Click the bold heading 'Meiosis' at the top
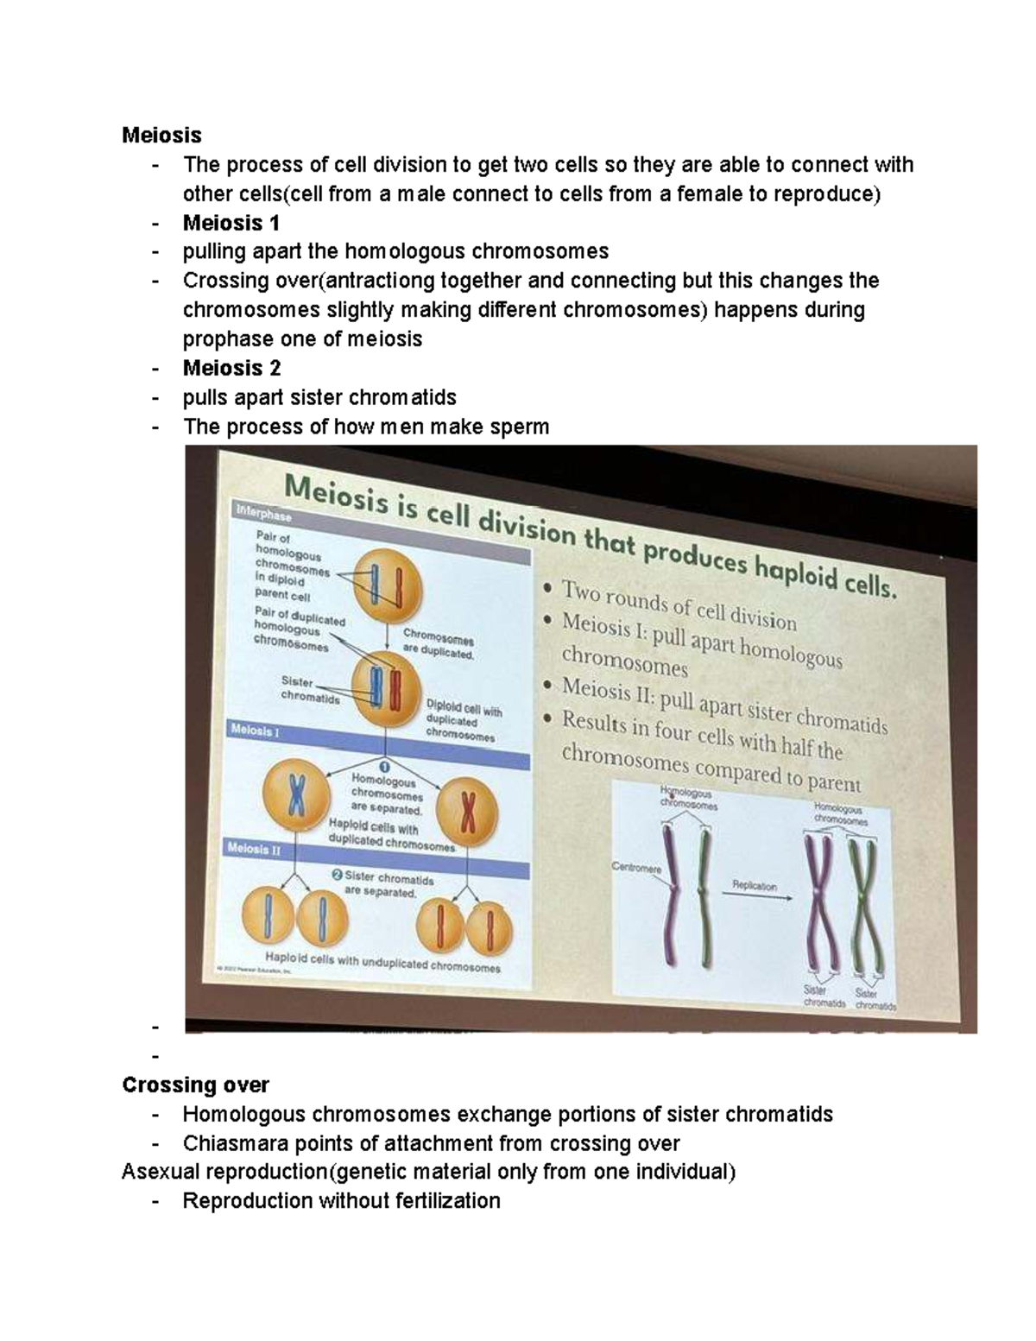click(x=161, y=136)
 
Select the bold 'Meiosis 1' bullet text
click(x=231, y=223)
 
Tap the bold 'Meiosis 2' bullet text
click(x=231, y=368)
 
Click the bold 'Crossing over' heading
click(x=195, y=1085)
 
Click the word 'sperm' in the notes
click(x=520, y=427)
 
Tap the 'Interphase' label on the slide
click(x=263, y=514)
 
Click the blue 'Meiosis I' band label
click(x=255, y=731)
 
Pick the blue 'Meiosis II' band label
click(x=254, y=849)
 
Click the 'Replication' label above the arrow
click(x=754, y=885)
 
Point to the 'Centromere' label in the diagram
click(x=635, y=866)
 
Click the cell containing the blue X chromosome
click(x=295, y=795)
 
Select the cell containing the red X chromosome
click(x=467, y=813)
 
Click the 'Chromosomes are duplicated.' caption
click(x=439, y=647)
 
